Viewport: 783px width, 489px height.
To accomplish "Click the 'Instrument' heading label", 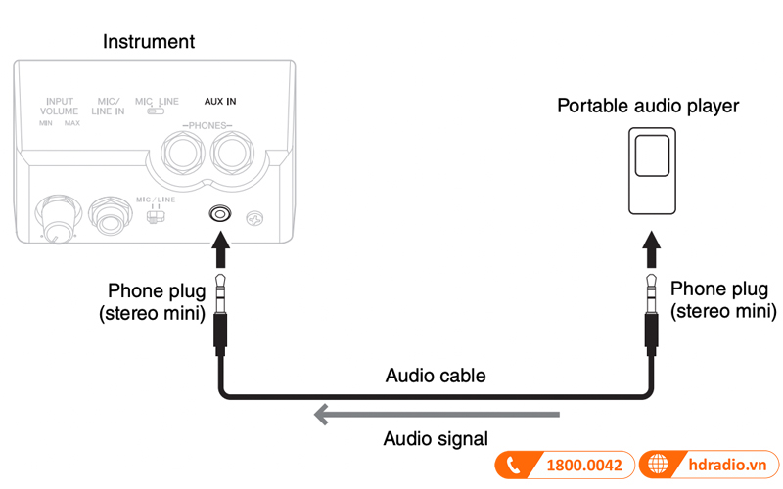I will (x=149, y=42).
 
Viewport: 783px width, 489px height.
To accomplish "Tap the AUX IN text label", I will (x=219, y=101).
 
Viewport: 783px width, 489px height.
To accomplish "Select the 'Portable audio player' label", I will (x=648, y=106).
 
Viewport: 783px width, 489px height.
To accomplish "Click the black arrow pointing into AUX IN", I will (x=221, y=253).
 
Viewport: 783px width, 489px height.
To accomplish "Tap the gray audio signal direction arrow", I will (x=436, y=416).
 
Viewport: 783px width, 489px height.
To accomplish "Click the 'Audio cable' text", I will (x=436, y=376).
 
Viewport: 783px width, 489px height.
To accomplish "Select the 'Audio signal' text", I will (x=437, y=439).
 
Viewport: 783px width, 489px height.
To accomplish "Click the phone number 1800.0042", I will (x=583, y=466).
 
